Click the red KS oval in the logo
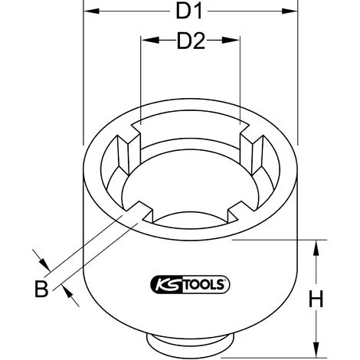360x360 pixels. click(x=155, y=285)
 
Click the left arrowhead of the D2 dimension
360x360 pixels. click(x=145, y=41)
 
